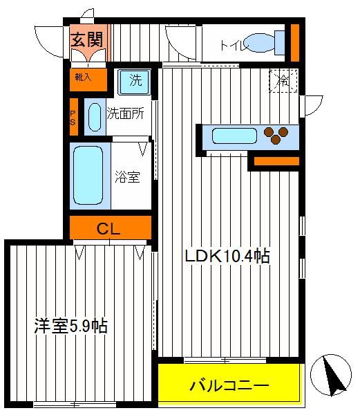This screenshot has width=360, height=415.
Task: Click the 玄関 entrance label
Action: point(86,40)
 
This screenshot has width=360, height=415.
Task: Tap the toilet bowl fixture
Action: point(265,43)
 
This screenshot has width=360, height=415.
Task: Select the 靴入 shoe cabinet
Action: point(88,80)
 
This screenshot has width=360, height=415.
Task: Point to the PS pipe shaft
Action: point(74,117)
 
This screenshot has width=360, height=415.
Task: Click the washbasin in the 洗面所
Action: point(95,117)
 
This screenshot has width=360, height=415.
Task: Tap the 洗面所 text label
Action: point(125,113)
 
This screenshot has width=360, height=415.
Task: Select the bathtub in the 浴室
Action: point(88,175)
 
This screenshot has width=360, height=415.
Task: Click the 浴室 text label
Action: point(127,177)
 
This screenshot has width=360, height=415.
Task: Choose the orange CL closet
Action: point(111,228)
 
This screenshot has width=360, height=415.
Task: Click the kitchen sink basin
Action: point(234,136)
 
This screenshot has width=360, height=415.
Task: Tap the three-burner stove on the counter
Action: point(276,135)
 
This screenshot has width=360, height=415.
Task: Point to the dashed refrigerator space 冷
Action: point(283,80)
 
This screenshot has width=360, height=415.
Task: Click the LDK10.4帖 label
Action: point(227,257)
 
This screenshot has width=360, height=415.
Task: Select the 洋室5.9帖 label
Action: point(71,326)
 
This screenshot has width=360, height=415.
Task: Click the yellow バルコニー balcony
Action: point(229,386)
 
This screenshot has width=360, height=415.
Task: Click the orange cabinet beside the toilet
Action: point(295,43)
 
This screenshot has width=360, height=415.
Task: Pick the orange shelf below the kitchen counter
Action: point(276,161)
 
